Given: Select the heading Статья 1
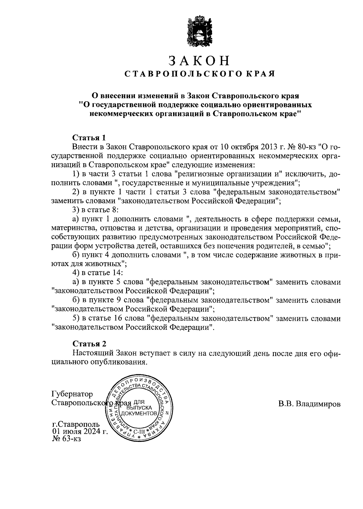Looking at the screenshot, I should click(x=89, y=138).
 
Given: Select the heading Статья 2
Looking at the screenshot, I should click(x=90, y=344).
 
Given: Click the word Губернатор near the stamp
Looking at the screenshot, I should click(x=72, y=394).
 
